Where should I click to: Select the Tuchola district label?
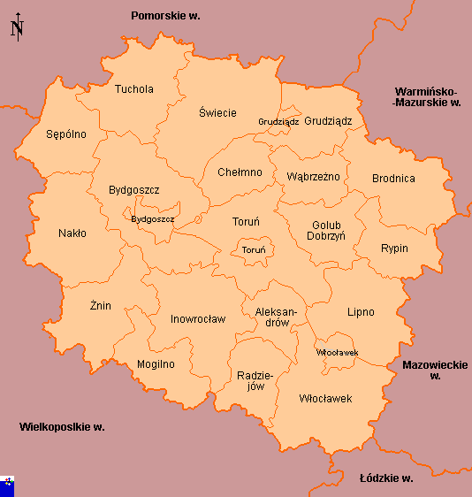(x=133, y=89)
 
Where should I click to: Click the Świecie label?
(x=217, y=113)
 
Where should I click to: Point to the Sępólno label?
(x=66, y=135)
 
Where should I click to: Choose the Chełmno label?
(x=240, y=172)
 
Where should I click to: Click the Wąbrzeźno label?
(x=313, y=177)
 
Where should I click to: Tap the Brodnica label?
(x=393, y=179)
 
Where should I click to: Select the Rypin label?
(x=394, y=248)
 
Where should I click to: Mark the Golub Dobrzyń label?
(x=326, y=231)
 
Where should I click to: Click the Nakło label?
(x=72, y=234)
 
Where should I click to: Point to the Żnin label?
(x=100, y=306)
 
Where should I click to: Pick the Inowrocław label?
(x=198, y=319)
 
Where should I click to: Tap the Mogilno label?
(x=156, y=364)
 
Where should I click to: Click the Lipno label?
(x=361, y=312)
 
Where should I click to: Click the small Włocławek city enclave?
(x=337, y=352)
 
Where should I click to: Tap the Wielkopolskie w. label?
(x=62, y=427)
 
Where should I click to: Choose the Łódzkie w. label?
(x=386, y=478)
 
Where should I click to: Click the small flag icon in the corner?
(x=8, y=483)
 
